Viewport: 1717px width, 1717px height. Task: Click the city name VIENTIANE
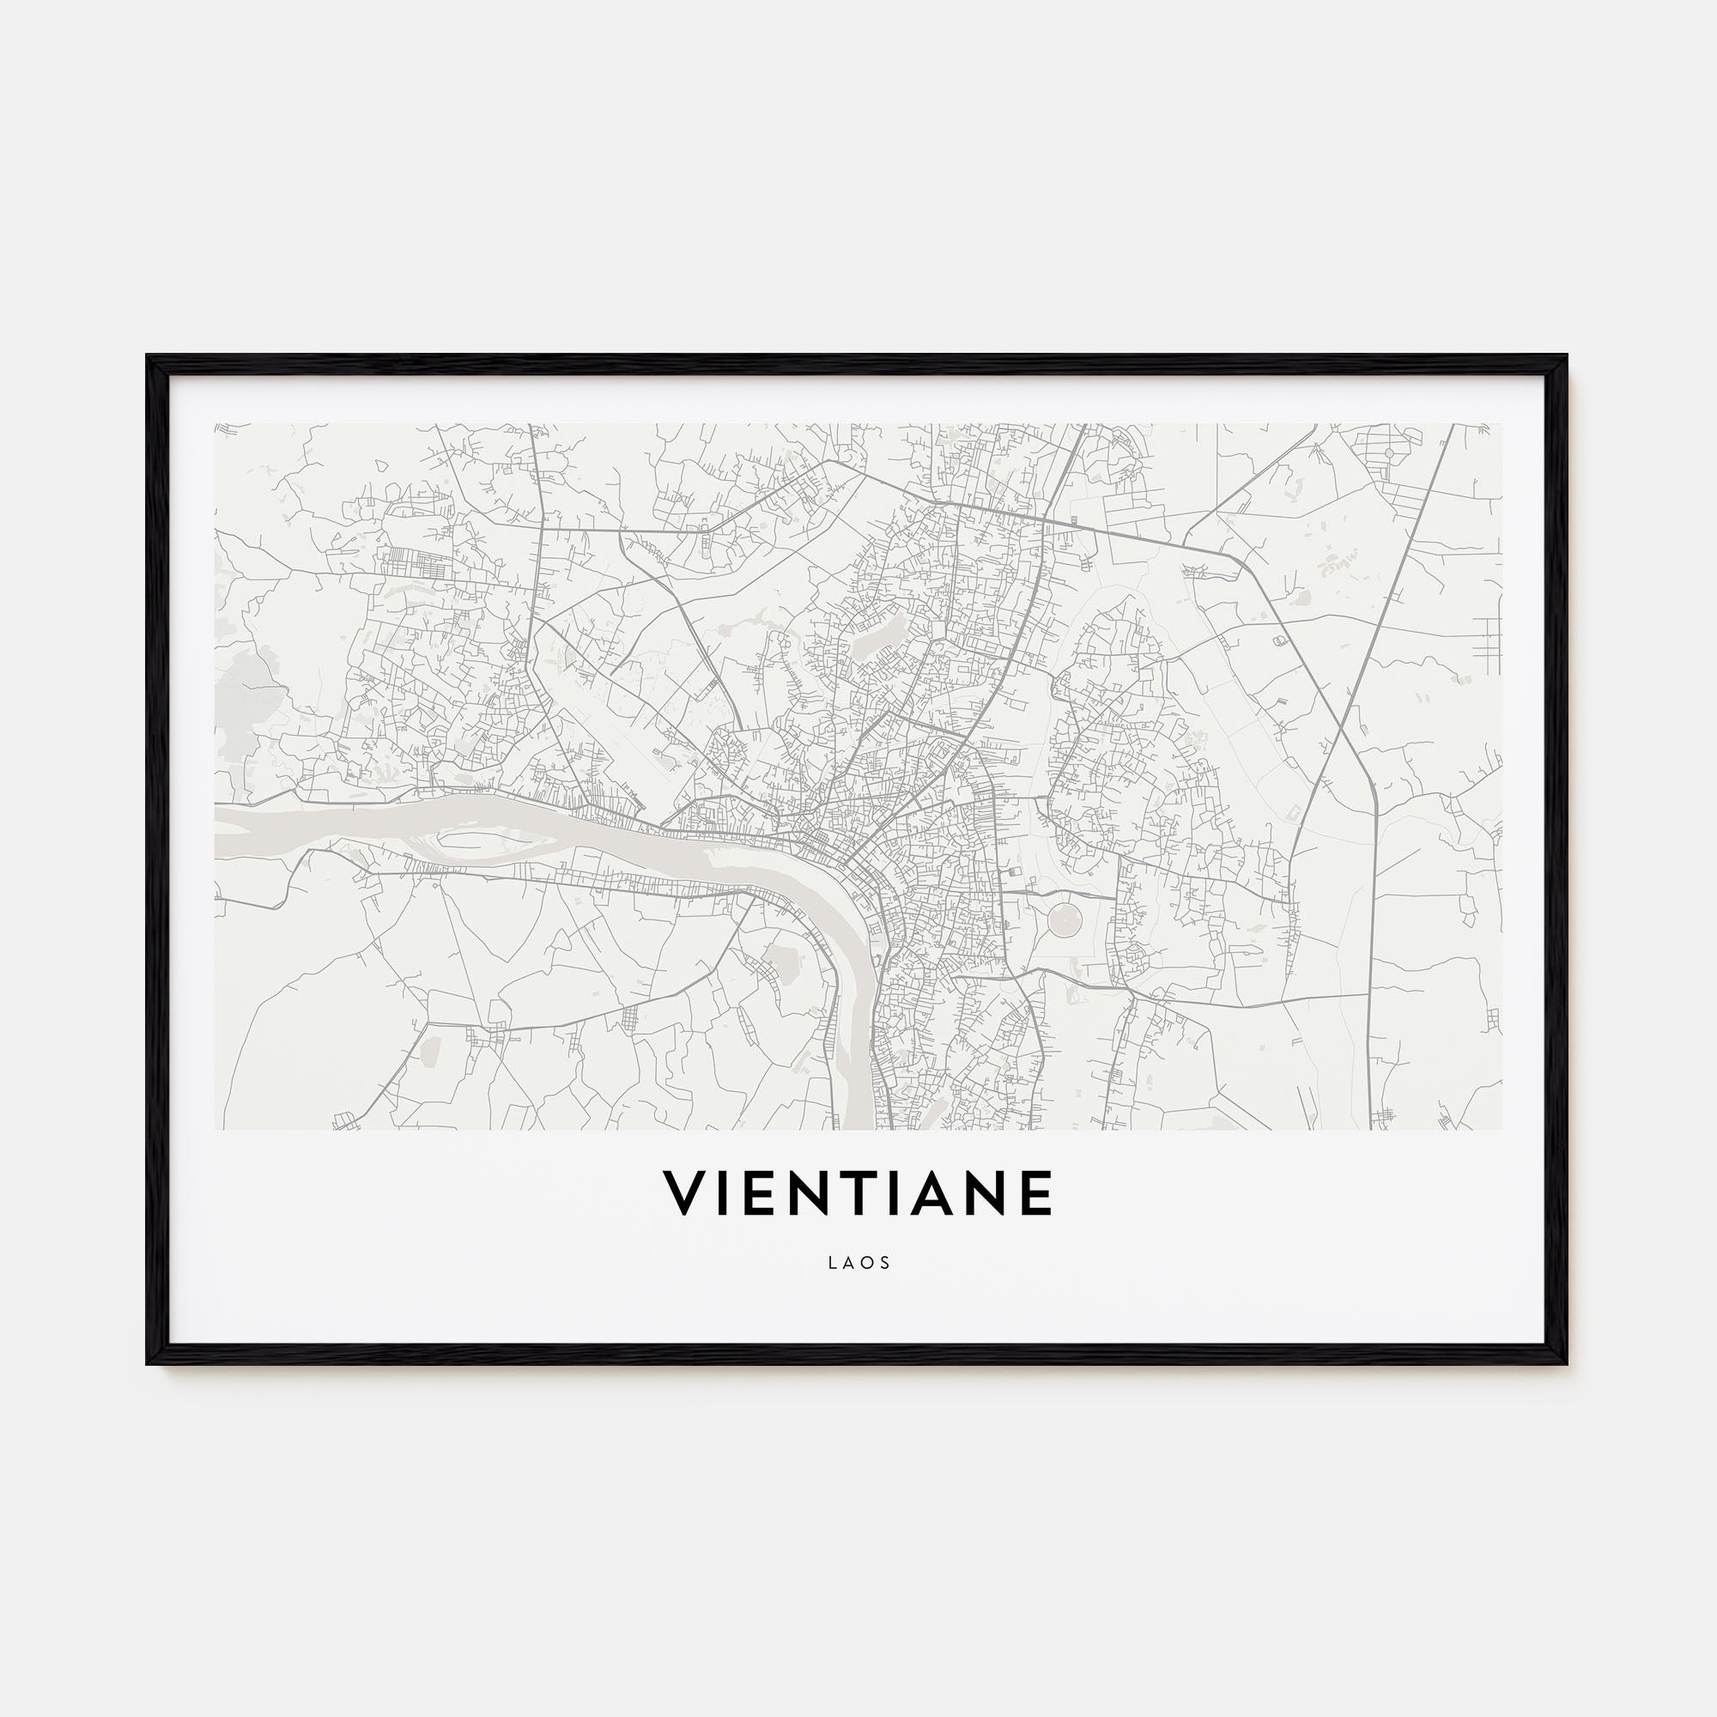pyautogui.click(x=858, y=1193)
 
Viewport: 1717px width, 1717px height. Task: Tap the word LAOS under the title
pyautogui.click(x=858, y=1263)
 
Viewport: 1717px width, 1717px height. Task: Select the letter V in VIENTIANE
pyautogui.click(x=684, y=1193)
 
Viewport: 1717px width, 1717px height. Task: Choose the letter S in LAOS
pyautogui.click(x=885, y=1263)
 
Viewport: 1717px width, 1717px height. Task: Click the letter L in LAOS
pyautogui.click(x=832, y=1263)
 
